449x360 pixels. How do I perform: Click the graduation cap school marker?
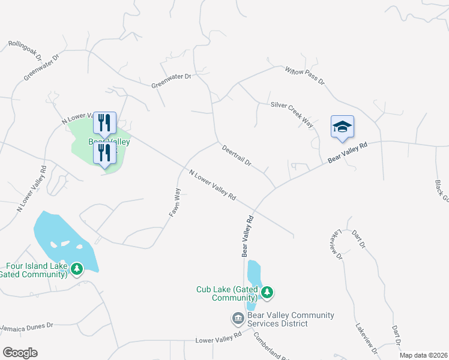[342, 127]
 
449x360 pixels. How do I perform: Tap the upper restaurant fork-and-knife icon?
[104, 123]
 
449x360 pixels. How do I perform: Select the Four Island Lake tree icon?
[76, 269]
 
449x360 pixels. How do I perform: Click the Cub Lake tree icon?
[267, 293]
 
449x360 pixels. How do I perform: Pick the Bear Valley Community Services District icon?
[238, 318]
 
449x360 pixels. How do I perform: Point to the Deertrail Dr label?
[236, 155]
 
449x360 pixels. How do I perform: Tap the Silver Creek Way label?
[292, 113]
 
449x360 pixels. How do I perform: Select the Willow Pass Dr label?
[304, 75]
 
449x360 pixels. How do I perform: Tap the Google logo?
[20, 353]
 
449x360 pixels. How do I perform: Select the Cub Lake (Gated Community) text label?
[227, 293]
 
